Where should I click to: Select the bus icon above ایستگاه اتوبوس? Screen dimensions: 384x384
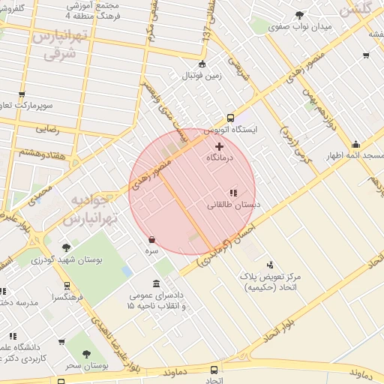[230, 118]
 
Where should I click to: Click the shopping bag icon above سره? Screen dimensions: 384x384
[153, 239]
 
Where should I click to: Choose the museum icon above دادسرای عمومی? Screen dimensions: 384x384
[155, 284]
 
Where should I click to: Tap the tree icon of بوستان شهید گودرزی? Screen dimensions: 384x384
[66, 247]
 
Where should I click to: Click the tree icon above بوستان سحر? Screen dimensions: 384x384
[86, 352]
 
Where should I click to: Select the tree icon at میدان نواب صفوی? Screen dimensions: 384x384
[300, 15]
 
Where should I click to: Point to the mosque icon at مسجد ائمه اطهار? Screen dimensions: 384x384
[355, 144]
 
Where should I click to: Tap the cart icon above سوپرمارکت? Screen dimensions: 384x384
[21, 95]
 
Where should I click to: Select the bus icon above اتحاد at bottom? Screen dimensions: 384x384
[215, 370]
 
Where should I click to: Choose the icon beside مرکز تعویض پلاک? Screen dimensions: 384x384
[270, 263]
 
